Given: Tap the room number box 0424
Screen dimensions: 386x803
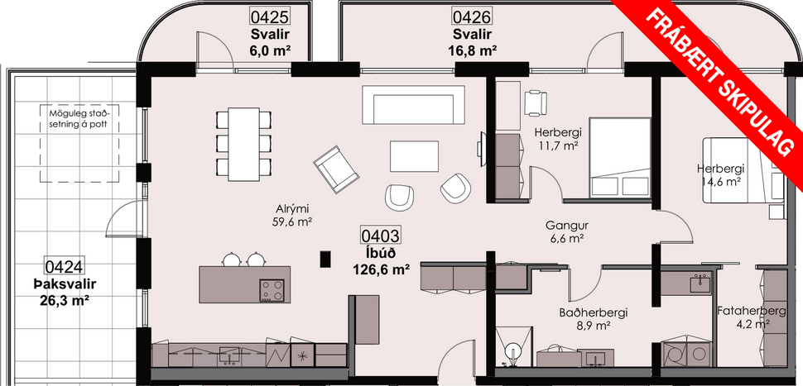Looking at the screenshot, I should click(x=63, y=266).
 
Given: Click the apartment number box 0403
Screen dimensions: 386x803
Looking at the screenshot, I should click(x=382, y=236).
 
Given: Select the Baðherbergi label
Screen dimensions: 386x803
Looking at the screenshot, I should click(x=592, y=312).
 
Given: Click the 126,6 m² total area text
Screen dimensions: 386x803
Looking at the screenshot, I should click(x=382, y=269).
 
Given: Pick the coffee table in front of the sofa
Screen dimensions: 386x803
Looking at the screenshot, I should click(x=415, y=155).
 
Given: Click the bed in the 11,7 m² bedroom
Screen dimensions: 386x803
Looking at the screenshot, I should click(x=619, y=157).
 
